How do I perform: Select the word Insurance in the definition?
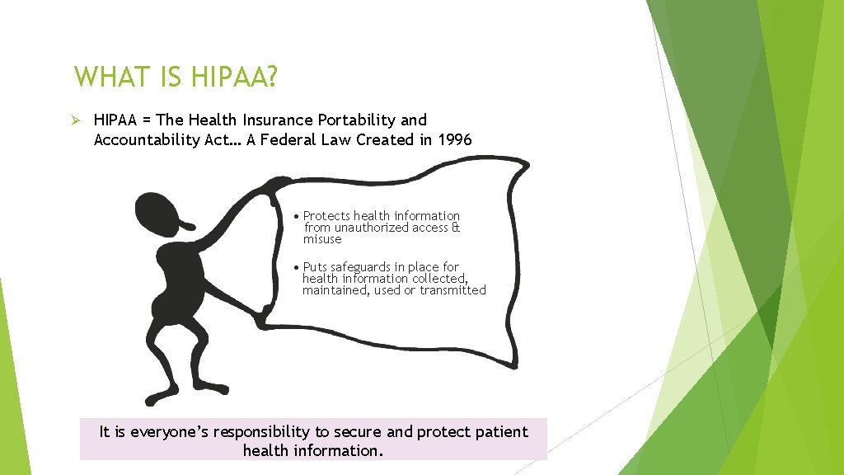pyautogui.click(x=277, y=120)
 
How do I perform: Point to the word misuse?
pyautogui.click(x=321, y=239)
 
